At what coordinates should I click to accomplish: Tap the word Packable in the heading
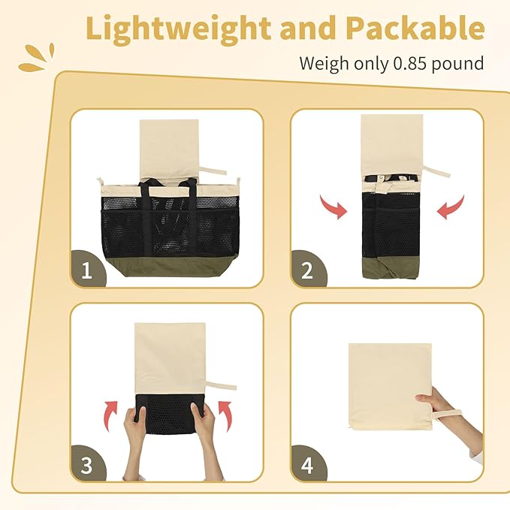pyautogui.click(x=415, y=29)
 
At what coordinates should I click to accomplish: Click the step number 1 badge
pyautogui.click(x=87, y=269)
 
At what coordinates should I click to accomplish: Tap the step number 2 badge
pyautogui.click(x=308, y=269)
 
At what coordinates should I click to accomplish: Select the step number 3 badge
pyautogui.click(x=87, y=464)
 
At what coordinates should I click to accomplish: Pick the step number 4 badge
pyautogui.click(x=308, y=464)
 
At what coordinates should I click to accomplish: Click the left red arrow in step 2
pyautogui.click(x=334, y=207)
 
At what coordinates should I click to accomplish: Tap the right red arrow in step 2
pyautogui.click(x=451, y=207)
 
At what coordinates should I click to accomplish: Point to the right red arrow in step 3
pyautogui.click(x=225, y=415)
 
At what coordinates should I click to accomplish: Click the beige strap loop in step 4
pyautogui.click(x=448, y=415)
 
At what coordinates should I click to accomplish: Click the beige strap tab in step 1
pyautogui.click(x=213, y=171)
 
